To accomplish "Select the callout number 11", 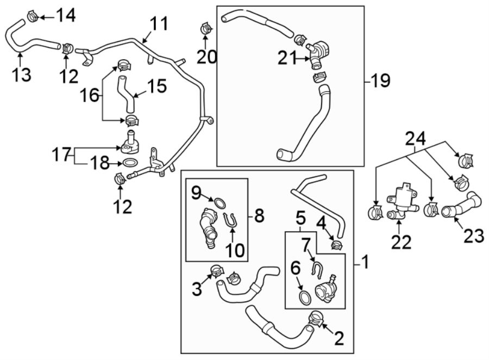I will point(159,24).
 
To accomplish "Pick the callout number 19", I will point(380,82).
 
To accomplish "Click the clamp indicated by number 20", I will point(205,27).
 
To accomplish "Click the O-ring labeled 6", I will point(305,297).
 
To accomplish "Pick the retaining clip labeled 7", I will point(318,268).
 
